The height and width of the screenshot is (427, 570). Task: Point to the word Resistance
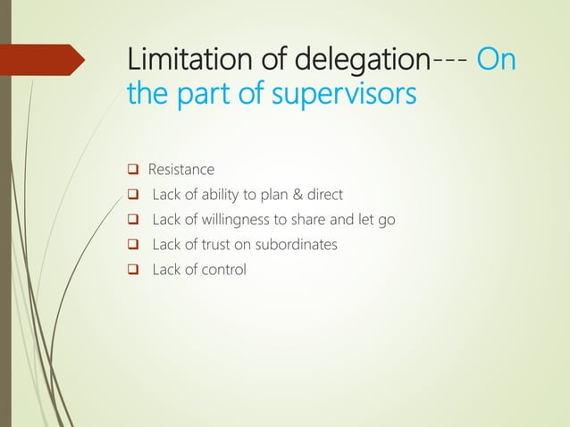click(181, 170)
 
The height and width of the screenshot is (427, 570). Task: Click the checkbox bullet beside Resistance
click(132, 170)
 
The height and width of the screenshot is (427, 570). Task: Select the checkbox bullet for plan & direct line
click(132, 195)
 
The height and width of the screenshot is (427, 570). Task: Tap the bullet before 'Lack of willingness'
click(132, 220)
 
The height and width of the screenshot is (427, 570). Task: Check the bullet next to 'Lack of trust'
click(132, 244)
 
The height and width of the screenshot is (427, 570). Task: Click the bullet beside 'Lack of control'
click(132, 269)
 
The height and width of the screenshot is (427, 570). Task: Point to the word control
click(223, 269)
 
